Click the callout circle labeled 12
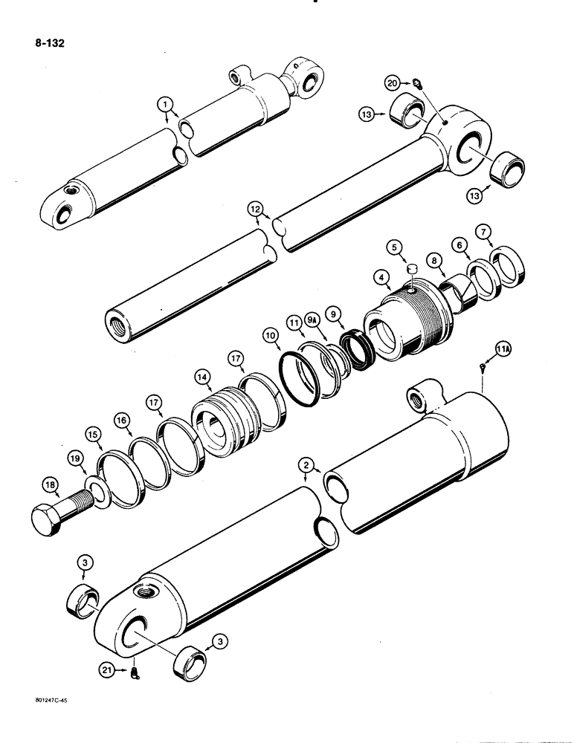click(x=257, y=211)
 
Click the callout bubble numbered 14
click(x=201, y=377)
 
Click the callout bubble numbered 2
click(x=305, y=465)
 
